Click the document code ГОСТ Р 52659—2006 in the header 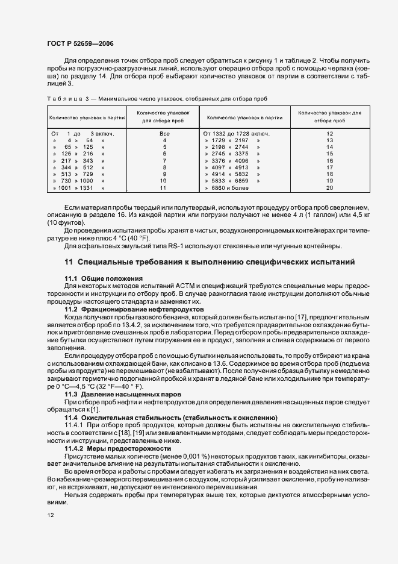click(x=80, y=44)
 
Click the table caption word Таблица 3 click(x=63, y=98)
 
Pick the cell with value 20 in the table click(x=329, y=205)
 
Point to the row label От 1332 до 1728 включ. click(x=236, y=133)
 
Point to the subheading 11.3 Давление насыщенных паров click(x=114, y=393)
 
